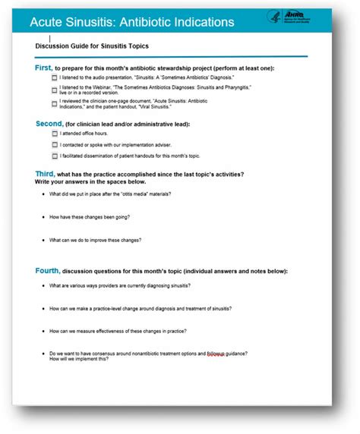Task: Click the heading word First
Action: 44,68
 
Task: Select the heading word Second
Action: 49,123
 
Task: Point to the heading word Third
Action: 45,175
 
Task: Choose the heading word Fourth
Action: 47,271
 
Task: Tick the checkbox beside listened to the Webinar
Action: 54,90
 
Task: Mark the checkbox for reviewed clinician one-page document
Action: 54,103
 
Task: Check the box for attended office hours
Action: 54,134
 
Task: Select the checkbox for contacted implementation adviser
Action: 54,145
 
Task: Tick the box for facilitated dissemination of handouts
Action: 54,156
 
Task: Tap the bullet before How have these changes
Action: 43,217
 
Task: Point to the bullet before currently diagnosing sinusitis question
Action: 43,285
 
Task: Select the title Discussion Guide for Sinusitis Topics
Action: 92,46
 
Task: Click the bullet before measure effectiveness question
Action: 43,331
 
